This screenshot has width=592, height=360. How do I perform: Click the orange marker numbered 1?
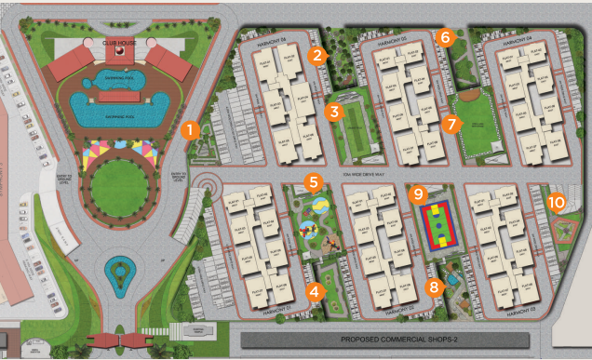(x=190, y=129)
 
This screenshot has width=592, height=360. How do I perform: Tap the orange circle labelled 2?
(x=318, y=55)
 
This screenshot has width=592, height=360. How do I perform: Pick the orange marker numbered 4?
(x=317, y=290)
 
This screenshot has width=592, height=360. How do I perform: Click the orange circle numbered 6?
(x=445, y=38)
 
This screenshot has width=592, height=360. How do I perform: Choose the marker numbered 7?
(x=452, y=123)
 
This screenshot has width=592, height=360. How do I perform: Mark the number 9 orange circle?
(x=419, y=193)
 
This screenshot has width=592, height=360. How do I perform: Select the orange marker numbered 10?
(x=557, y=200)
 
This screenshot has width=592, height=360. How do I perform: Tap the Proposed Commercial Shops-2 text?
(x=401, y=340)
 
